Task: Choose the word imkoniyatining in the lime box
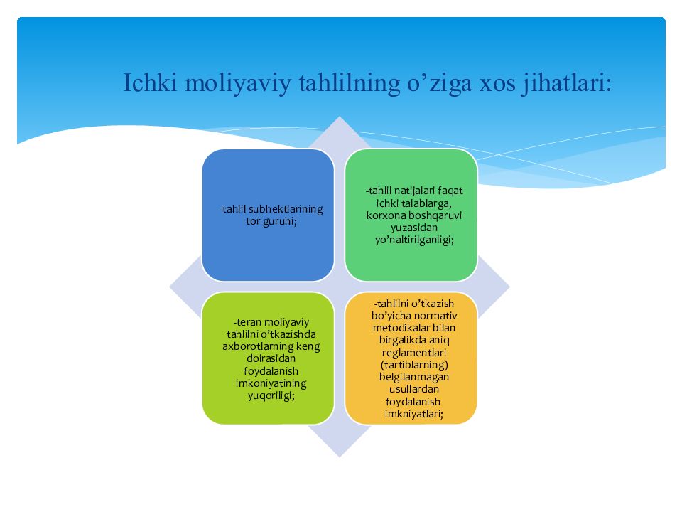click(271, 383)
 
